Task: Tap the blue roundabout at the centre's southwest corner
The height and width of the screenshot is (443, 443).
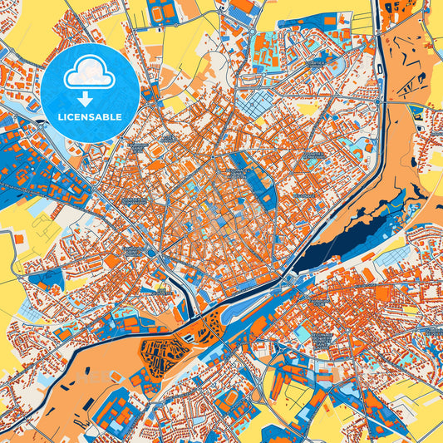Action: click(x=152, y=252)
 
